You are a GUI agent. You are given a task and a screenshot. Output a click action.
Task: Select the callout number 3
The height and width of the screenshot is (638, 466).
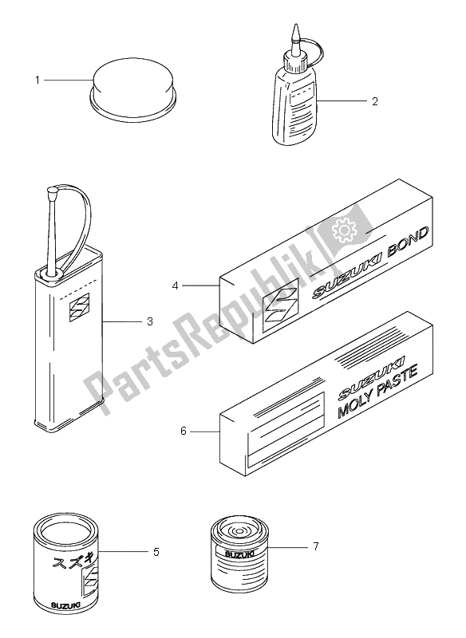tap(149, 322)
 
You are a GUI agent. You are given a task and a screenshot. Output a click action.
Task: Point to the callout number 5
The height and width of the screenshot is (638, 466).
tap(156, 551)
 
